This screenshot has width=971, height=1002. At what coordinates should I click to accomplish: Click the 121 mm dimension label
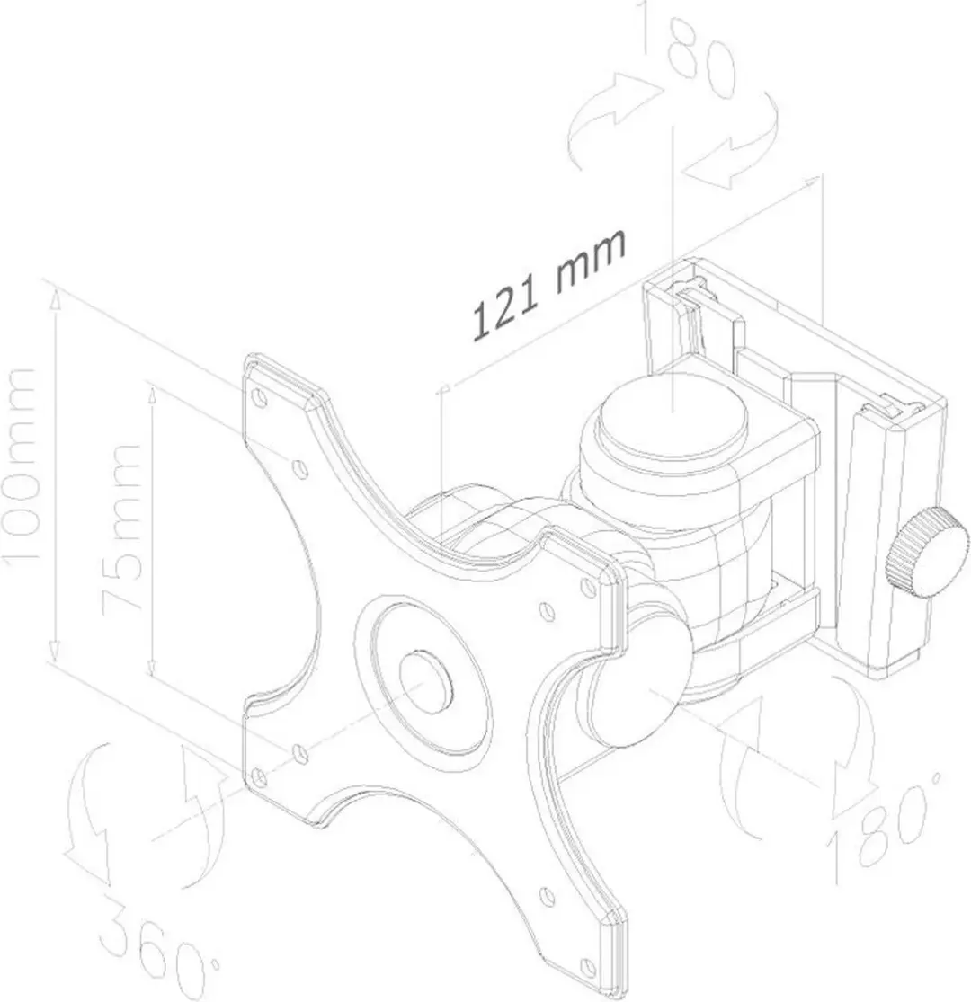tap(548, 284)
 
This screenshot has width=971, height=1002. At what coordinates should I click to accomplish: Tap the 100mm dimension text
tap(21, 465)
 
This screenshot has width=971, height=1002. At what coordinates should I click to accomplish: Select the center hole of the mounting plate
tap(424, 682)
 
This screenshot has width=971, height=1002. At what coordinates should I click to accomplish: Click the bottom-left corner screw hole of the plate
tap(258, 777)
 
